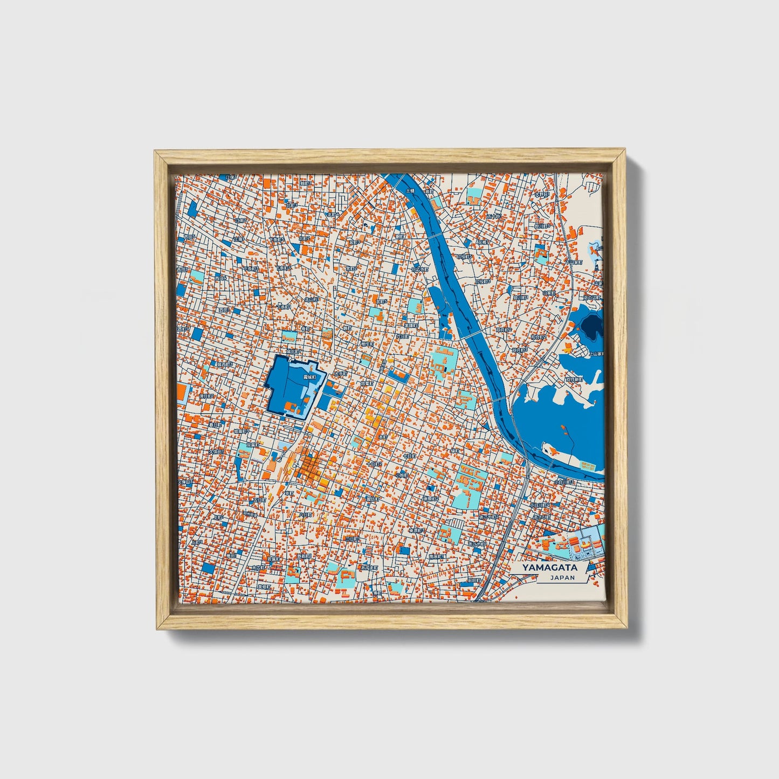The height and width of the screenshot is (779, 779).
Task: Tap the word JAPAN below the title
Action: point(562,577)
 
